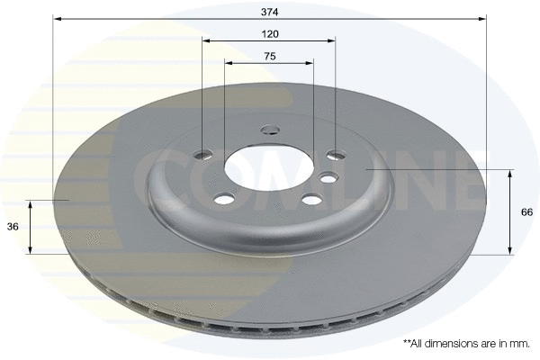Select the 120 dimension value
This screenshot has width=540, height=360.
[269, 33]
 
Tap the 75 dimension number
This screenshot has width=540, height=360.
[269, 56]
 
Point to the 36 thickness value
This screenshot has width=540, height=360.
[13, 227]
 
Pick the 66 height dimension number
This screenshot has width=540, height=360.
[526, 212]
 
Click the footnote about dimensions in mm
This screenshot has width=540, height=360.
[465, 344]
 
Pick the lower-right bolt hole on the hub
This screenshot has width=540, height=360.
[310, 200]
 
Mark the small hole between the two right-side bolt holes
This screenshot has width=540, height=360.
[329, 176]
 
